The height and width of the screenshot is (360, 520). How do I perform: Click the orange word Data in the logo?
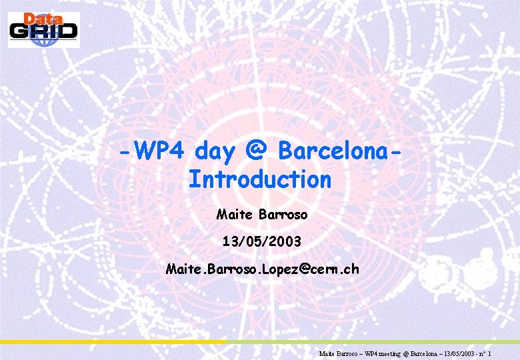(x=43, y=19)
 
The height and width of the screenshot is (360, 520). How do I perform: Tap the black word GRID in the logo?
(x=44, y=31)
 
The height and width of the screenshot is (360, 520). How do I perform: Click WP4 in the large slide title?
(x=160, y=151)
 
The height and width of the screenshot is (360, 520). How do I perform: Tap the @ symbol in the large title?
(x=257, y=151)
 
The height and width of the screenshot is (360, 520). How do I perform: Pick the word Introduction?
(x=259, y=179)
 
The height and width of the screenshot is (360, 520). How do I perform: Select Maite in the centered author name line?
(x=232, y=215)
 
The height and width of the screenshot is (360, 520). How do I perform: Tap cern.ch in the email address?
(x=337, y=269)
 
